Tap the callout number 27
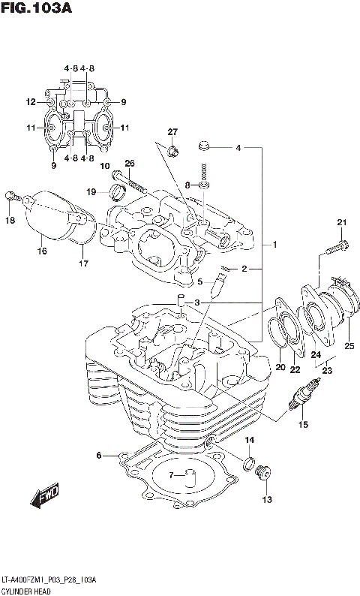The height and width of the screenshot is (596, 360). [172, 132]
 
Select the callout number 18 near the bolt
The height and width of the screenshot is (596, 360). [10, 220]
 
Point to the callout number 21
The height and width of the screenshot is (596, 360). [342, 221]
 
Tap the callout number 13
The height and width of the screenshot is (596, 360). [267, 499]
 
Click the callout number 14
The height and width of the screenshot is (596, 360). [250, 440]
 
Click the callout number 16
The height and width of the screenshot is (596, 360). [42, 251]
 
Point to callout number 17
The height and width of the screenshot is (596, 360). [82, 263]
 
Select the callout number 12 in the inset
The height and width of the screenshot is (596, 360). [31, 102]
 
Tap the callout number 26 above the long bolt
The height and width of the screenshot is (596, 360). [129, 164]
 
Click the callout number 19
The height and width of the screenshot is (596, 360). [91, 192]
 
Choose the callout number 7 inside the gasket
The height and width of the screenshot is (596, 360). [170, 474]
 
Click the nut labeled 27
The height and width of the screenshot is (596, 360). [173, 152]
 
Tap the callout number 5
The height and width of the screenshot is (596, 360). [200, 282]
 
